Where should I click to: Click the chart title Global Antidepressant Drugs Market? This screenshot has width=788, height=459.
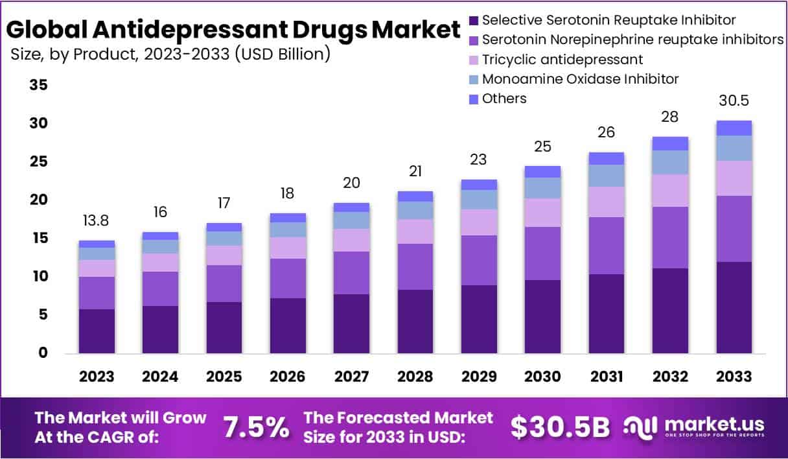click(233, 29)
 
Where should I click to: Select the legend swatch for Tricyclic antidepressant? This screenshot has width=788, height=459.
click(472, 60)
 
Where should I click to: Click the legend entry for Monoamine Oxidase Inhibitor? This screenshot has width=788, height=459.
click(580, 79)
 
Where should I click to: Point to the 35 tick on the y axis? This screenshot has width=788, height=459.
click(38, 85)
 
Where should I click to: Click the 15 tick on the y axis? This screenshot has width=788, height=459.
click(38, 239)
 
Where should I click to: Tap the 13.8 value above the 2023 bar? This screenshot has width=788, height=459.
click(97, 220)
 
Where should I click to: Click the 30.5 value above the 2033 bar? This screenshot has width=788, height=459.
click(734, 101)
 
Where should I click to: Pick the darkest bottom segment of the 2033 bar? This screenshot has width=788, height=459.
click(734, 307)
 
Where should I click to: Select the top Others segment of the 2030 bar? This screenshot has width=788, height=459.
click(542, 172)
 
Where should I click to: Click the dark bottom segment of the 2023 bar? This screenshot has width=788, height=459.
click(97, 331)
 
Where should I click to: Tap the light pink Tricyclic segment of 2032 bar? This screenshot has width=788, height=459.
click(670, 191)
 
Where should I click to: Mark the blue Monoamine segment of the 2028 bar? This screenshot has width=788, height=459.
click(415, 210)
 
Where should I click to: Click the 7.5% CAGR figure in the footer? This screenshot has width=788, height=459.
click(255, 427)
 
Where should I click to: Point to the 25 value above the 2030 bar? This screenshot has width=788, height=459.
click(542, 147)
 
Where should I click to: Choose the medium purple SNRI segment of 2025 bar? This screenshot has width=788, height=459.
click(224, 283)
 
